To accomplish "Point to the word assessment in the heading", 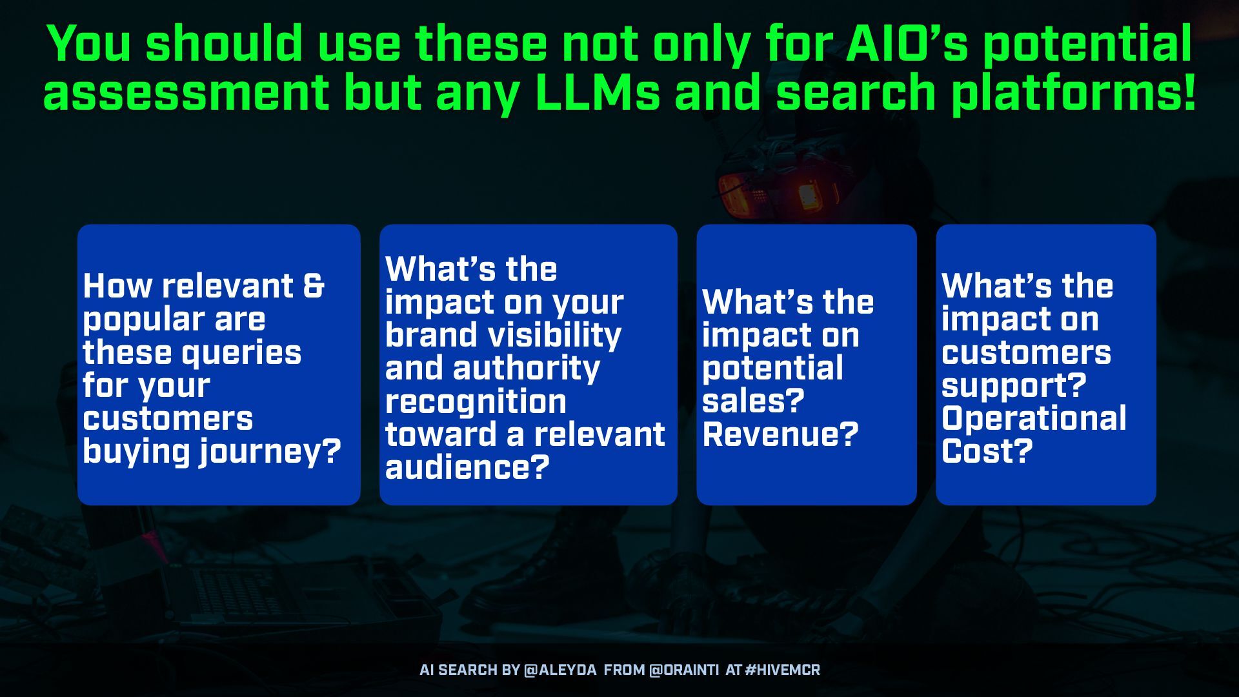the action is click(186, 92).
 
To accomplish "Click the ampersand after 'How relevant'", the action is click(313, 285).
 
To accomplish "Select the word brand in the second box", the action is click(430, 335).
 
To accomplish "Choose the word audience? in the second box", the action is click(467, 466).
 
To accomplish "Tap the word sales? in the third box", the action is click(753, 401).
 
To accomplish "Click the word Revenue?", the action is click(780, 434).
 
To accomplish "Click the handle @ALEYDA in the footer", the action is click(560, 670).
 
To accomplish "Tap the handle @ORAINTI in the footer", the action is click(683, 670).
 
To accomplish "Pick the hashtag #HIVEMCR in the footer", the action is click(782, 670).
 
